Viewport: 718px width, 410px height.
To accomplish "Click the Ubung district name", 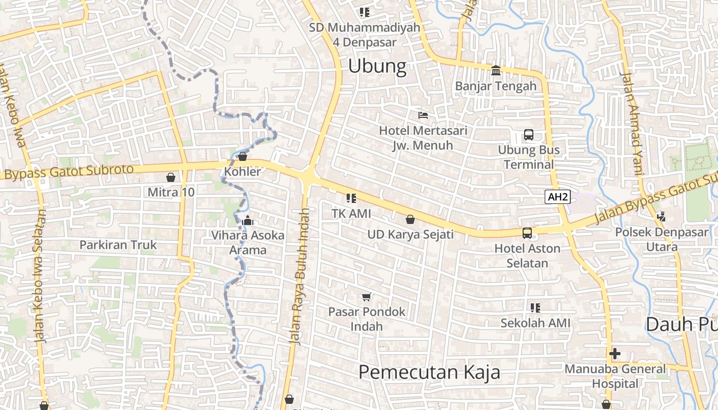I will (x=377, y=67).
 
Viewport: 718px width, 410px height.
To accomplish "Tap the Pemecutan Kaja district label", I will (x=429, y=372).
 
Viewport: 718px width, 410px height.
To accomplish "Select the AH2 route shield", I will (x=557, y=197).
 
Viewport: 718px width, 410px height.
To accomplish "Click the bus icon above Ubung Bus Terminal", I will (x=528, y=135).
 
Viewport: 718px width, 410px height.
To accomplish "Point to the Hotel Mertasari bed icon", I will (x=423, y=115).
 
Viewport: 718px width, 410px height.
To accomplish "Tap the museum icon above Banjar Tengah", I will (x=496, y=70).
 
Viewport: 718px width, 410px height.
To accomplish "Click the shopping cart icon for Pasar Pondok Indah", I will (x=366, y=297).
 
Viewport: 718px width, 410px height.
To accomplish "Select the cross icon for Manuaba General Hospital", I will (x=614, y=354).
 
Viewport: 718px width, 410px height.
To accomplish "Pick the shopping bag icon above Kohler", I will (x=243, y=156).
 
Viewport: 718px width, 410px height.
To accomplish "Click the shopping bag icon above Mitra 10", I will (x=171, y=177).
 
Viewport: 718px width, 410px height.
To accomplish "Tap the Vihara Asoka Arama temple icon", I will (x=248, y=221).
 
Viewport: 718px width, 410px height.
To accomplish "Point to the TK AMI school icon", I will (x=351, y=198).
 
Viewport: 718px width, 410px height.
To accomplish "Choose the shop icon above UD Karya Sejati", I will (x=410, y=220).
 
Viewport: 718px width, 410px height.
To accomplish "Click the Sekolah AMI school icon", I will (x=535, y=308).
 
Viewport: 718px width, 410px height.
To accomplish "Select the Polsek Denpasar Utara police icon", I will (x=661, y=217).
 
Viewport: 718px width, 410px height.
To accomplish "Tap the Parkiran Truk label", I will (x=118, y=245).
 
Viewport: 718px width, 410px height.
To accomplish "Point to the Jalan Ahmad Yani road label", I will (x=631, y=123).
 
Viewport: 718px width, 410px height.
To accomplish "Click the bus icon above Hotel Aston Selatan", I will (x=527, y=233).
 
